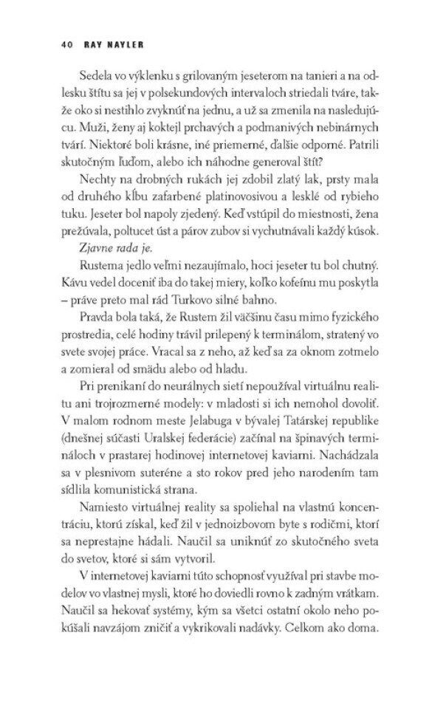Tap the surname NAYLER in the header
click(114, 44)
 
